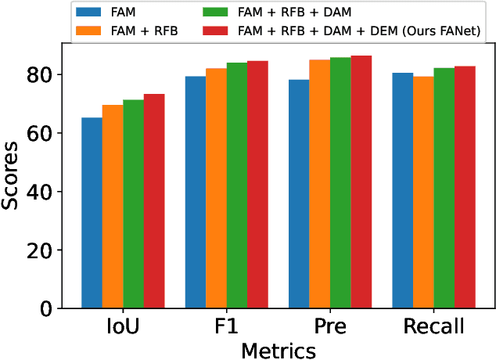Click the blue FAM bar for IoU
click(x=92, y=213)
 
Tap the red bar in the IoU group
click(x=153, y=201)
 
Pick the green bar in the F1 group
click(x=236, y=185)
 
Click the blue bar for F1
click(x=196, y=193)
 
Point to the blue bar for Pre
click(x=299, y=194)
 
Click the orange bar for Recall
click(x=423, y=193)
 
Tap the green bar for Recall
click(x=444, y=189)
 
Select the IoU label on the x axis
click(x=123, y=326)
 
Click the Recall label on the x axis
click(x=433, y=326)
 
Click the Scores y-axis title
click(x=12, y=175)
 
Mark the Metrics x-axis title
click(x=279, y=349)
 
